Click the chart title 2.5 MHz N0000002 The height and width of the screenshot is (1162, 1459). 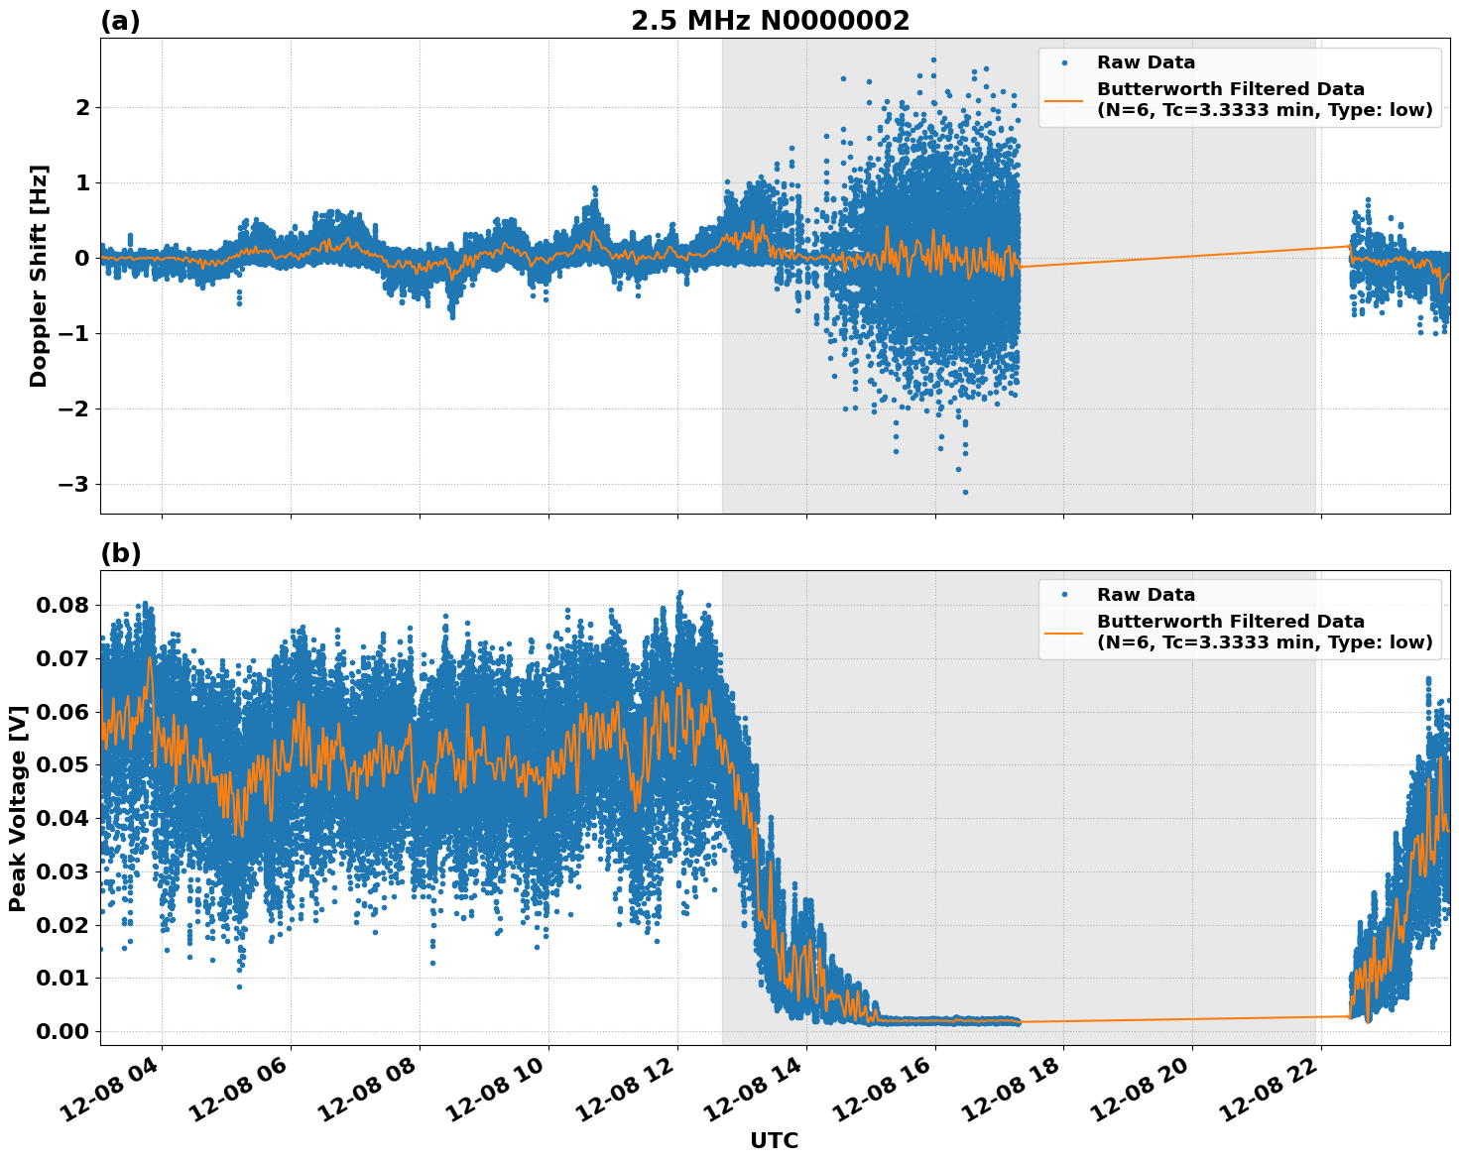point(770,21)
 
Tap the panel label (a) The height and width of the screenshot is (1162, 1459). point(120,21)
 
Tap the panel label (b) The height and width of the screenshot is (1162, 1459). point(120,553)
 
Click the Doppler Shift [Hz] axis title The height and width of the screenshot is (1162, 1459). point(39,276)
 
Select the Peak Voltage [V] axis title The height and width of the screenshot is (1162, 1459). point(17,808)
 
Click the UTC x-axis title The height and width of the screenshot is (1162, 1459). point(774,1140)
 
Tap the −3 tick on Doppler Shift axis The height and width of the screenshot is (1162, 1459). point(74,484)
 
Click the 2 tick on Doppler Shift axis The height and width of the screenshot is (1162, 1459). point(82,107)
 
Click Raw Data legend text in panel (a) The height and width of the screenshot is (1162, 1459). point(1146,62)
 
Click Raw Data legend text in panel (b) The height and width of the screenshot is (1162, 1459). point(1146,595)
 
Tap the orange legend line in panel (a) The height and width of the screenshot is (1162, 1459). point(1064,100)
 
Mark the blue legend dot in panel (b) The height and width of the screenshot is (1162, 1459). point(1064,595)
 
